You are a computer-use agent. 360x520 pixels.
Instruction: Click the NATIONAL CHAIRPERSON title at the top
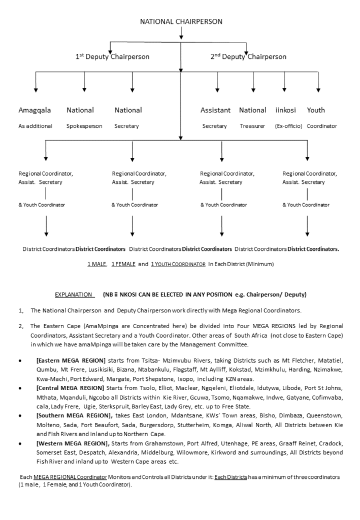181,21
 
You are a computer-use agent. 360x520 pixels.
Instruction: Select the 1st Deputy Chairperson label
112,57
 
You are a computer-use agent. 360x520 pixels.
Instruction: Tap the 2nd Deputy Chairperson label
248,57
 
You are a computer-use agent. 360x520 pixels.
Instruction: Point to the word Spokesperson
84,126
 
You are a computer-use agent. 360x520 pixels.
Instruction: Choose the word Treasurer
252,126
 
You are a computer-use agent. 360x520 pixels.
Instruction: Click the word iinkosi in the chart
285,110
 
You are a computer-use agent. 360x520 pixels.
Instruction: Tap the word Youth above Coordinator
316,110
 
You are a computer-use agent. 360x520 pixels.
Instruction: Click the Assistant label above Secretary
215,110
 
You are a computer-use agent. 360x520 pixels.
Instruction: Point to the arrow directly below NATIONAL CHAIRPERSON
181,34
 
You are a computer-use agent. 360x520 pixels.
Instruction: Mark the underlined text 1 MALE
93,265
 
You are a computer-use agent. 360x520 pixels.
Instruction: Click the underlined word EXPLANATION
74,295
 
